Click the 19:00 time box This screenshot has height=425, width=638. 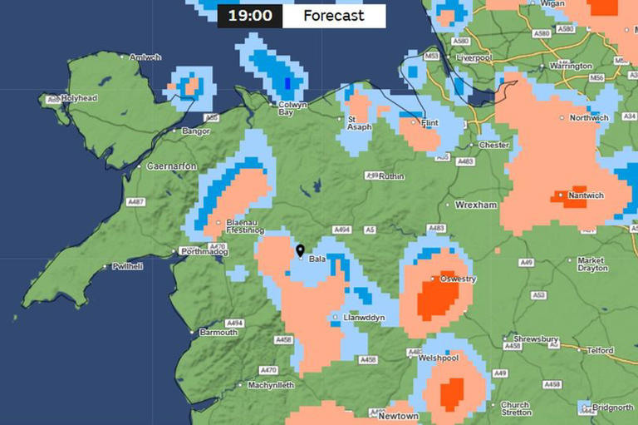(x=249, y=16)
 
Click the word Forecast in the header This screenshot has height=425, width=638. (x=333, y=16)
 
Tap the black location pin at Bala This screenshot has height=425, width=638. (x=301, y=250)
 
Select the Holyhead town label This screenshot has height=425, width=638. (x=77, y=98)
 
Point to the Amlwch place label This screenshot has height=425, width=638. (x=145, y=57)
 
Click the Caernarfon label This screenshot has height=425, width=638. (x=170, y=166)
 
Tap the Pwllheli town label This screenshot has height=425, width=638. (x=127, y=266)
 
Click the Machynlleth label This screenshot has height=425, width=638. (x=271, y=385)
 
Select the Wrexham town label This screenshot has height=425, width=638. (x=475, y=205)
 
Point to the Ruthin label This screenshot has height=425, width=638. (x=390, y=176)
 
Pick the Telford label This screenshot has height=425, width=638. (x=600, y=351)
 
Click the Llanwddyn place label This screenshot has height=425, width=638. (x=363, y=318)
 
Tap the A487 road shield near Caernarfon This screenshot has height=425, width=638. (x=135, y=202)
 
